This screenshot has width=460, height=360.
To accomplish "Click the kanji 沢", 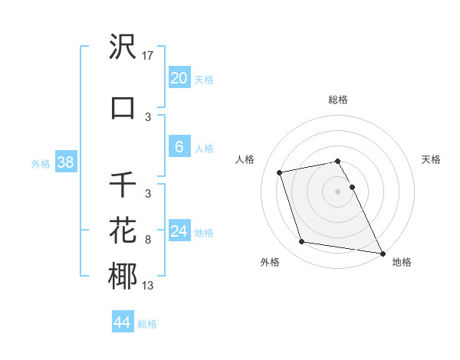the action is (x=123, y=47).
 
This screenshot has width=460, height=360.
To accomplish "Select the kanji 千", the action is (x=123, y=185).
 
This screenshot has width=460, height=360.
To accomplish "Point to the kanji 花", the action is (x=123, y=231).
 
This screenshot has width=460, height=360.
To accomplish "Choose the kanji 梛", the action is (x=123, y=276).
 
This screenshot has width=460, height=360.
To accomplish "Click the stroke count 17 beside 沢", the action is (x=149, y=56).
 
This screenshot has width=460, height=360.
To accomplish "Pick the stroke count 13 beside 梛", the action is (x=149, y=286).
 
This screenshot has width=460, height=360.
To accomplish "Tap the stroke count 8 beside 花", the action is (x=148, y=240).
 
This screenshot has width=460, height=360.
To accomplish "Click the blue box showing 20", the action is (x=179, y=78).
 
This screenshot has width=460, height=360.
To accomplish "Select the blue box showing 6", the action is (x=179, y=147).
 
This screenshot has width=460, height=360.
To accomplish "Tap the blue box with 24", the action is (x=179, y=231).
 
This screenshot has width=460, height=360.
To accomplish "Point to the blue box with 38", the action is (x=65, y=162).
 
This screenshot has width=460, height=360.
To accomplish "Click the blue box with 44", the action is (x=122, y=322).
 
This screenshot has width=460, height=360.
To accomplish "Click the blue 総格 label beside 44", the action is (x=147, y=324).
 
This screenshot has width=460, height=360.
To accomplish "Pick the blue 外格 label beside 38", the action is (x=41, y=164).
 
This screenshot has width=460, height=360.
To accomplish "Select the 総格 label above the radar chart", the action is (x=338, y=100).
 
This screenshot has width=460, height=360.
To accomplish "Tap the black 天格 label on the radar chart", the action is (x=432, y=159).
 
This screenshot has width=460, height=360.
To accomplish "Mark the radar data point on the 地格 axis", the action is (x=382, y=253).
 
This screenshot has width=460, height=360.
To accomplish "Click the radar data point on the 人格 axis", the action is (x=280, y=172).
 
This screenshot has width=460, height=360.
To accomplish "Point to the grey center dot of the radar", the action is (x=338, y=191).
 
